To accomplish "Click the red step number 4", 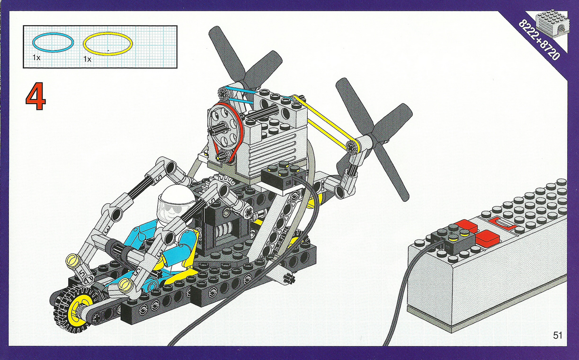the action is (36, 97).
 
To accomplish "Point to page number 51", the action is (558, 335).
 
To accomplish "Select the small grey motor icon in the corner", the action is (551, 27).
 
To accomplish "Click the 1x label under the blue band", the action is (36, 57).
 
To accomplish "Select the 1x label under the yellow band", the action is (88, 59).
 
